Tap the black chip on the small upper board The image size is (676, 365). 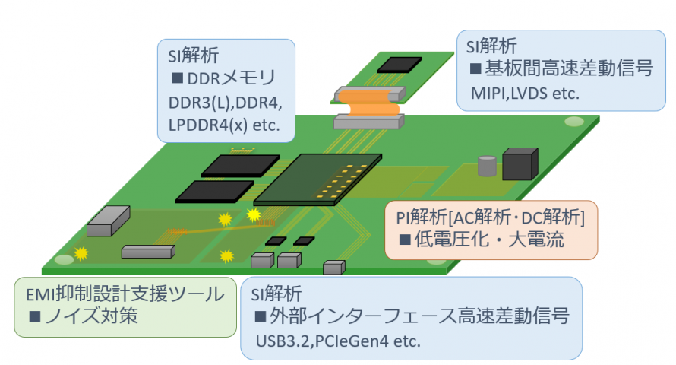[400, 64]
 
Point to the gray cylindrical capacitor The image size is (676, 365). [486, 166]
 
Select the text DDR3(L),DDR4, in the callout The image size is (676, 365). [220, 102]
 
